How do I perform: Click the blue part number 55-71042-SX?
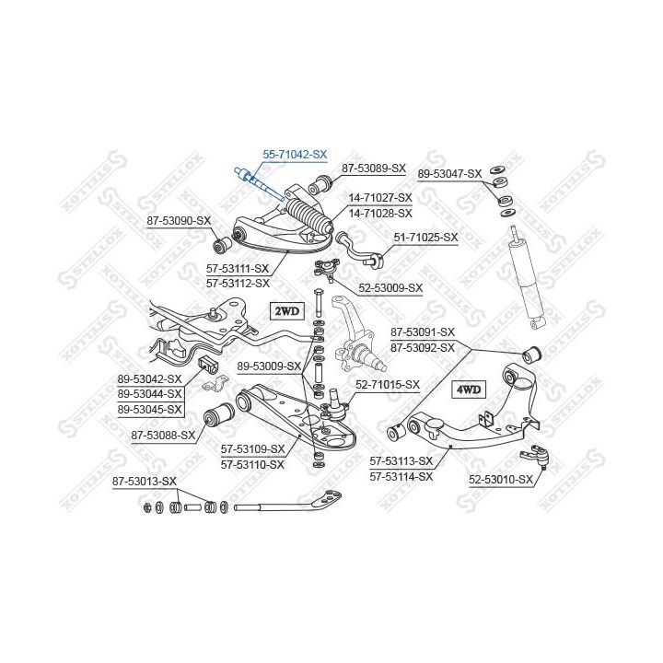click(295, 155)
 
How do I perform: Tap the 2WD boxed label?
click(287, 311)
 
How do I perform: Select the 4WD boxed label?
click(469, 390)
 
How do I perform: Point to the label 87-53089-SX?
click(374, 169)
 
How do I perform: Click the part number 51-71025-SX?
click(425, 238)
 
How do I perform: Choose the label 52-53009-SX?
click(390, 288)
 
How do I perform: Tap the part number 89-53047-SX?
click(449, 174)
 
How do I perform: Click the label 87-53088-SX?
click(163, 435)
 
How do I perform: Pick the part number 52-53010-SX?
click(501, 480)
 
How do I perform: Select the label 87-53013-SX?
click(145, 482)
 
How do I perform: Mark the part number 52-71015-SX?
click(388, 385)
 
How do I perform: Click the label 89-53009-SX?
click(269, 366)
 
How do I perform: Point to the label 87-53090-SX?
click(179, 221)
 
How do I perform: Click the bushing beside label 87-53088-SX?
click(218, 417)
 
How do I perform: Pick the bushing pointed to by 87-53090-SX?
click(221, 244)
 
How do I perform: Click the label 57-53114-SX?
click(401, 477)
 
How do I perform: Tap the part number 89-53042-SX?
click(150, 378)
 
